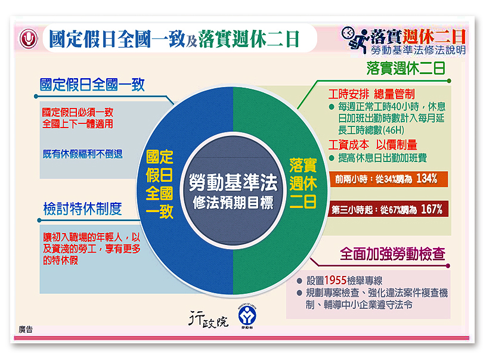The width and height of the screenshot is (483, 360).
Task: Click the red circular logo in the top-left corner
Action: point(29,39)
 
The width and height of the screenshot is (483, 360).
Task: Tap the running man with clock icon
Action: point(355,39)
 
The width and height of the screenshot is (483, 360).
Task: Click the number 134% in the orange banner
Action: point(426,178)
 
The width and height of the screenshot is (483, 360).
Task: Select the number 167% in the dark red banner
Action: point(432,209)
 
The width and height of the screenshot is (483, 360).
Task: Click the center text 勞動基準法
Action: point(233,182)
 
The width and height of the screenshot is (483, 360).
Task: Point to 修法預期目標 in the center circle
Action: point(233,203)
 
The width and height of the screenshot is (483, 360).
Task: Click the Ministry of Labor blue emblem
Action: point(247,316)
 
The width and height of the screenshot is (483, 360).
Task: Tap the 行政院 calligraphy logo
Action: point(209,319)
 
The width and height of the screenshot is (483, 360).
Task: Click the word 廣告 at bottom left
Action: point(26,330)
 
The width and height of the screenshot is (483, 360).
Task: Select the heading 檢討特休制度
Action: point(82,209)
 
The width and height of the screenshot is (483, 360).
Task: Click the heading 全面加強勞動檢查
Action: point(393,254)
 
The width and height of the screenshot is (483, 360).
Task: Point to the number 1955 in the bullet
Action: point(336,280)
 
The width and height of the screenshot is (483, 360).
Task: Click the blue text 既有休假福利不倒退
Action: point(82,154)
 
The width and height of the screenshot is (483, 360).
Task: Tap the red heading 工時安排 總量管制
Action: point(371,94)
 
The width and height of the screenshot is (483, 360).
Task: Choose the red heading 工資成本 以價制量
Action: point(373,144)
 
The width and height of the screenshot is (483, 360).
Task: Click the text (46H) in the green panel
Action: point(393,131)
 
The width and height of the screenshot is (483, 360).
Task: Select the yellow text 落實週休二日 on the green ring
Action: point(303,183)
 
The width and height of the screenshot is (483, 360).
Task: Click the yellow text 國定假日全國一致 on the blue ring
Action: point(160,184)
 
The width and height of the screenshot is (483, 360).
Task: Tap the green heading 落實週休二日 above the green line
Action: point(406,69)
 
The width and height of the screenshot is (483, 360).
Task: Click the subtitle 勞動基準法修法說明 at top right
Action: point(419,50)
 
